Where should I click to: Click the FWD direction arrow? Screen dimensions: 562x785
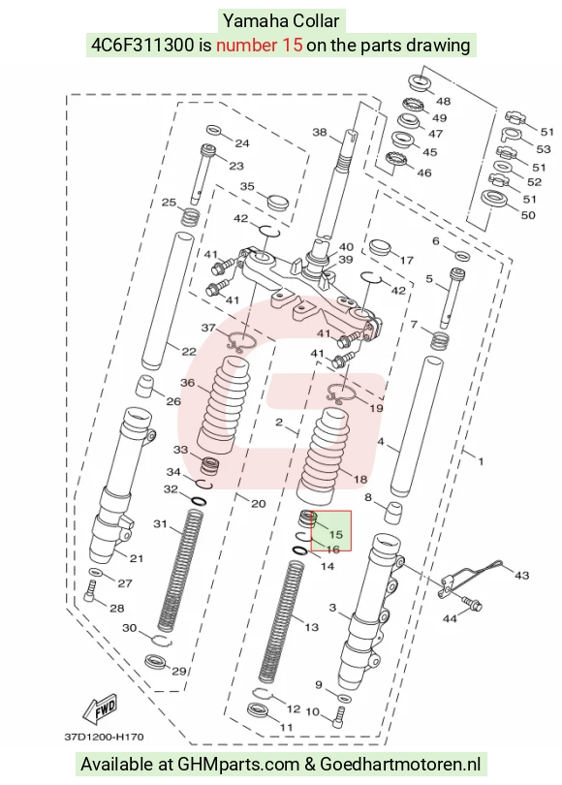click(100, 707)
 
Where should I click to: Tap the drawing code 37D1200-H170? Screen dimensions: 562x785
click(104, 737)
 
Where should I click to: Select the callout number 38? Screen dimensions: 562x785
click(320, 132)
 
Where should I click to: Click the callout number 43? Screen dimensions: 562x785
click(521, 576)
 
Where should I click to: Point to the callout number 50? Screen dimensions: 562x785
click(528, 215)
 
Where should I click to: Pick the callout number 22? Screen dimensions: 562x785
click(189, 352)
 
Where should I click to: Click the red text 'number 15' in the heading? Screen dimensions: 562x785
click(260, 45)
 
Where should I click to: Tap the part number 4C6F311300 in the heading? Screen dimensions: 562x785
click(142, 45)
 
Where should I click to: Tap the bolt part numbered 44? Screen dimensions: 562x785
click(470, 603)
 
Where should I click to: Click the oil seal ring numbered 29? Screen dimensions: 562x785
click(156, 661)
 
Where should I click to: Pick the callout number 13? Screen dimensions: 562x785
click(311, 627)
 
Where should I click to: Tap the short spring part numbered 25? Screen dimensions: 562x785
click(190, 216)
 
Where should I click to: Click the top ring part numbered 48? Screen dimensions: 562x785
click(420, 82)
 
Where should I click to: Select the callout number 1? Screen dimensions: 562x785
click(481, 461)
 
